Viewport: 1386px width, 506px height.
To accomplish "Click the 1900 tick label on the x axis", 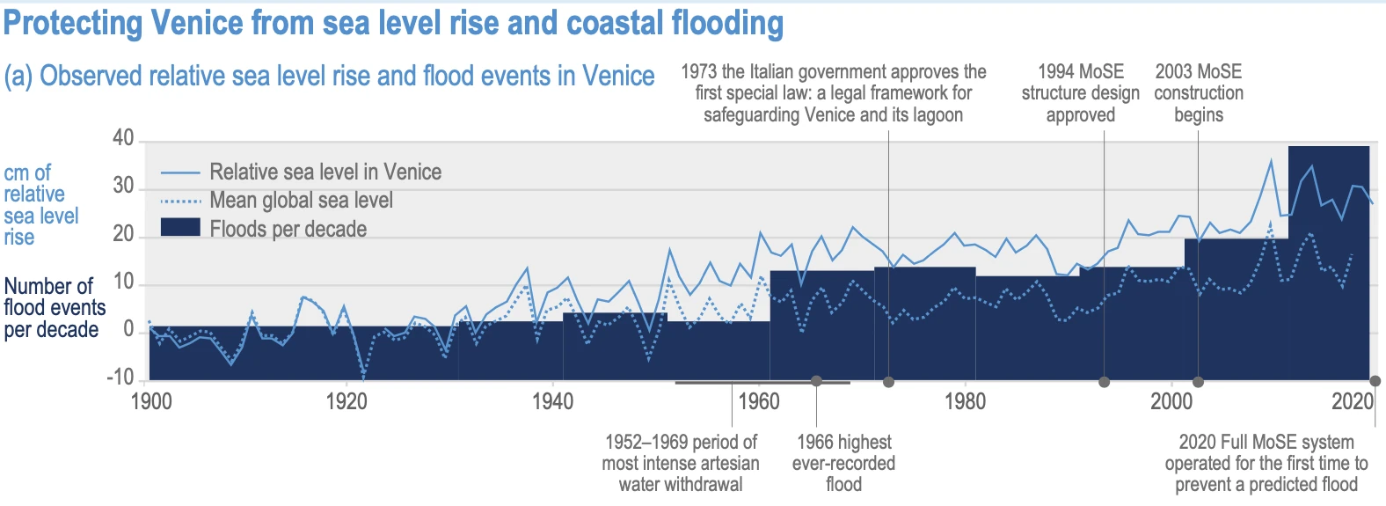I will click(x=151, y=402).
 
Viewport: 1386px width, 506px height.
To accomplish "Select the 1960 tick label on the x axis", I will click(x=759, y=402).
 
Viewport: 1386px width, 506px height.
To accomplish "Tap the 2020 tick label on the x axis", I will click(x=1353, y=402).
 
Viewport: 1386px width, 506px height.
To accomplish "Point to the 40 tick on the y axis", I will click(x=123, y=138).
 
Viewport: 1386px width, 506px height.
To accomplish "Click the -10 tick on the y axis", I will click(x=120, y=378).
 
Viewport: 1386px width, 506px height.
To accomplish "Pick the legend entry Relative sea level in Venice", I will click(x=325, y=172).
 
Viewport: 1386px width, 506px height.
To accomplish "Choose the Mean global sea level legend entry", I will click(x=301, y=201).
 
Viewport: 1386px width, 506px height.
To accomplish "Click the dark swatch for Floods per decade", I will click(x=180, y=228).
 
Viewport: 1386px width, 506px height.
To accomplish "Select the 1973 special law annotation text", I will click(x=834, y=93).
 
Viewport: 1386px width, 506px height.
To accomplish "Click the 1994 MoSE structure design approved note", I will click(x=1080, y=93).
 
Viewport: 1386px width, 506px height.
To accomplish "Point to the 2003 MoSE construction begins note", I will click(x=1199, y=93).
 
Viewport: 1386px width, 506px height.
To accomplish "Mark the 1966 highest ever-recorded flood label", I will click(x=843, y=463).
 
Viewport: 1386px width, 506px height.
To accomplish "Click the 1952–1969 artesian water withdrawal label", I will click(x=681, y=463).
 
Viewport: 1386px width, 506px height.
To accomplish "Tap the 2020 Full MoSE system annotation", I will click(x=1266, y=463).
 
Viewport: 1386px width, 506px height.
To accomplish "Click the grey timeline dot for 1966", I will click(x=817, y=381).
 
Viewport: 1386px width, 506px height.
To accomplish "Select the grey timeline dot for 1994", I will click(x=1105, y=382).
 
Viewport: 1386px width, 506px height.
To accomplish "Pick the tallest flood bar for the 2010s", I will click(x=1328, y=264).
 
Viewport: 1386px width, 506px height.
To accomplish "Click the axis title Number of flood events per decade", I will click(x=55, y=308).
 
